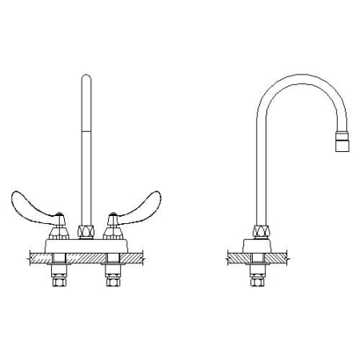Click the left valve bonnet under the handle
[58, 234]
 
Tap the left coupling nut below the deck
[58, 282]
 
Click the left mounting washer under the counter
[58, 264]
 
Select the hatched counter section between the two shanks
[86, 258]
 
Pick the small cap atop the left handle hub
[59, 216]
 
